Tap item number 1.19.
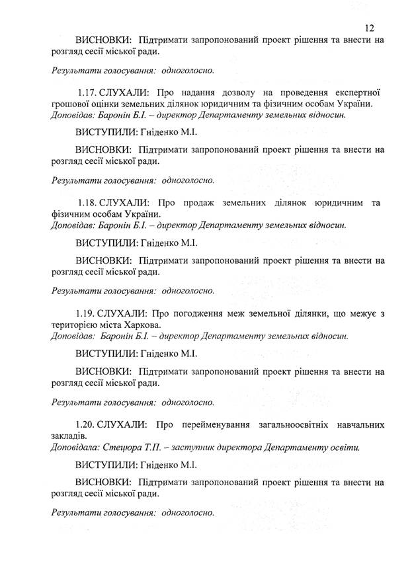tap(85, 312)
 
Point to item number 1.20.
tap(85, 423)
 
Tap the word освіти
tap(345, 447)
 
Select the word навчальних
tap(358, 423)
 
